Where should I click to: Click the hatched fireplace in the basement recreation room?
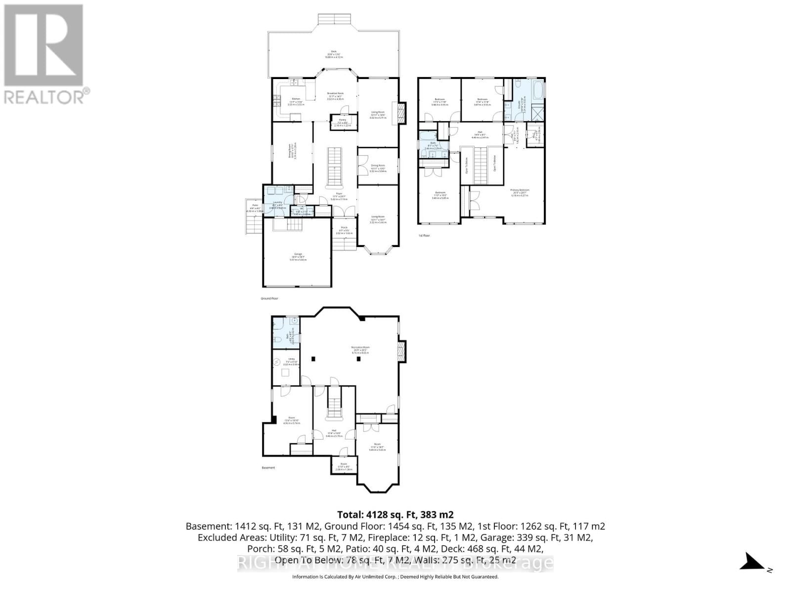tap(401, 351)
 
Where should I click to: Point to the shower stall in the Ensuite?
tap(536, 113)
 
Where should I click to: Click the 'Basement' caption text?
tap(268, 467)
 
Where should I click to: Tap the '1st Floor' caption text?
tap(424, 236)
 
